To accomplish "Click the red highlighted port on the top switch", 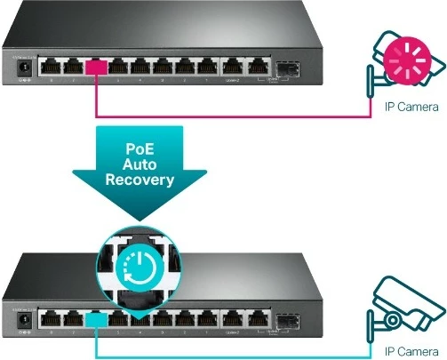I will click(95, 65).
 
